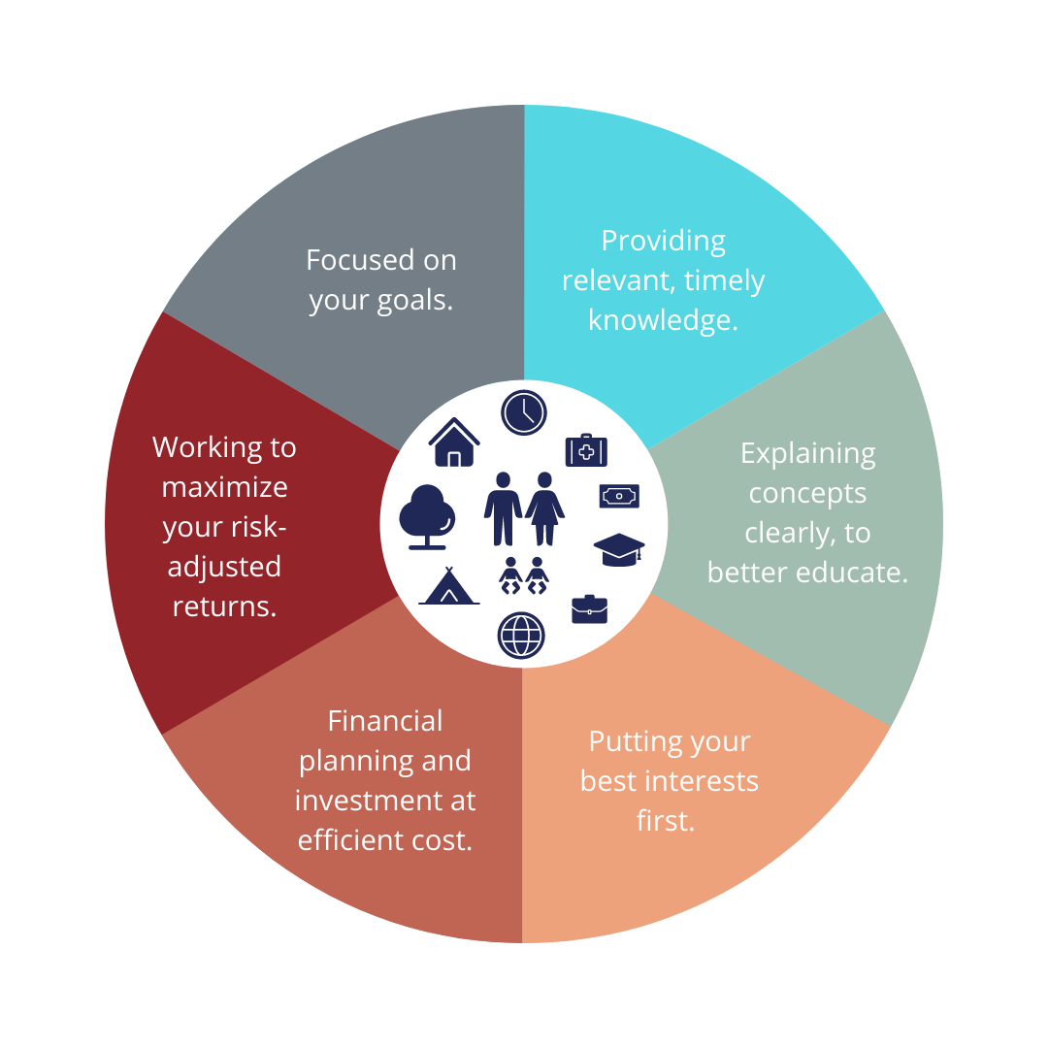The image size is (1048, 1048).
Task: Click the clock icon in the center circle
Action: point(524,412)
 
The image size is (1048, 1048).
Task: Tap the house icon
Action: point(454,442)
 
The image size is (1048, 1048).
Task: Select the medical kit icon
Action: point(586,450)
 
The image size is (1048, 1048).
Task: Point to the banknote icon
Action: point(619,496)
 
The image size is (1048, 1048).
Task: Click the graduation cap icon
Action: point(619,549)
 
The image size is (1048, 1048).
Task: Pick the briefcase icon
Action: point(590,608)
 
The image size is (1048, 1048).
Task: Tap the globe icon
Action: point(521,636)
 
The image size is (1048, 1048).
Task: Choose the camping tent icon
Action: point(449,586)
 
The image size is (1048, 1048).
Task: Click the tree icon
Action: point(427,516)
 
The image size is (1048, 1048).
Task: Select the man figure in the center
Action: point(504,508)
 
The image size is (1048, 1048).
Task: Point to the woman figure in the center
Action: point(544,508)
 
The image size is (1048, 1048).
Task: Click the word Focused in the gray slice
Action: point(351,260)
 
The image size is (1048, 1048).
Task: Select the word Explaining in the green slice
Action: point(808,454)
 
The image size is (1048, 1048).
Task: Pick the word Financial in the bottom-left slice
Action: point(385,721)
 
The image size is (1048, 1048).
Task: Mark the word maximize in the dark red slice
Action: point(224,487)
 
